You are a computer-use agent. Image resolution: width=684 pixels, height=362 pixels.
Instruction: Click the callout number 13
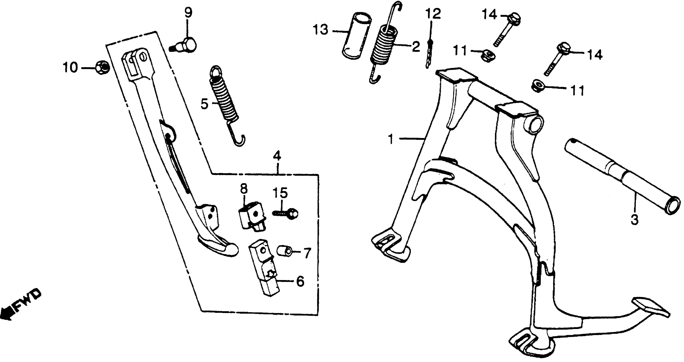(x=321, y=30)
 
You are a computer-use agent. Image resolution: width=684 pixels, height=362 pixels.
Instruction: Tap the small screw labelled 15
(x=286, y=213)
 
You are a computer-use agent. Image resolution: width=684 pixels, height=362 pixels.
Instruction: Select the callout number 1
(x=390, y=139)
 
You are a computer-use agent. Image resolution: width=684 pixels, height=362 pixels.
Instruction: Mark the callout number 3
(x=634, y=220)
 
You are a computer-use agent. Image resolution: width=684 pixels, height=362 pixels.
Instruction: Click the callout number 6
(x=300, y=282)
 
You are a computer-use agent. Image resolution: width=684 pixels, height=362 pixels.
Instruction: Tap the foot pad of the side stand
(x=218, y=246)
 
